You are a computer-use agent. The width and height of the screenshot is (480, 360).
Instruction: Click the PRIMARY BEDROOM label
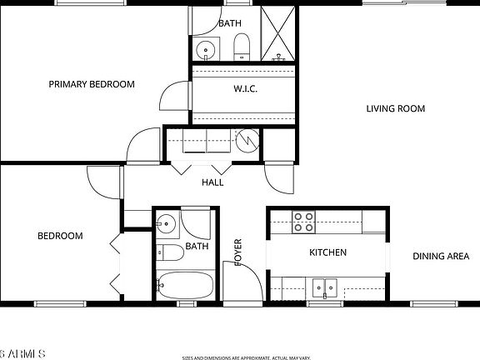click(x=91, y=84)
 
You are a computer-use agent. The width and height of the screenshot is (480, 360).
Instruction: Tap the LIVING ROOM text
click(x=395, y=108)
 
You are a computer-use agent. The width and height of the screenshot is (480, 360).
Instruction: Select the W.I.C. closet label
click(x=244, y=89)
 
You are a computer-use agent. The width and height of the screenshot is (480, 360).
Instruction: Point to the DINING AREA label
click(x=441, y=256)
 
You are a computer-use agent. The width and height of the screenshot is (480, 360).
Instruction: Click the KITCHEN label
click(x=327, y=252)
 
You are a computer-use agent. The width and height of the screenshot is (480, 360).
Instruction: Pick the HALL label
click(x=212, y=182)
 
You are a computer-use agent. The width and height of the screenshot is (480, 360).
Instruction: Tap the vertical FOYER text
click(x=237, y=252)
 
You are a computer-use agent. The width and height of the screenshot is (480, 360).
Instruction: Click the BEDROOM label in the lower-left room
click(x=60, y=236)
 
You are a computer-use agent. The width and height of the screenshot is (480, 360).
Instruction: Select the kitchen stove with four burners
click(x=303, y=222)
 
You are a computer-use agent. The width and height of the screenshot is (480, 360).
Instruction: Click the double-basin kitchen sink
click(x=325, y=288)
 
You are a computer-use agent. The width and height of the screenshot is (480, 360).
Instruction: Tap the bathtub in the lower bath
click(x=186, y=285)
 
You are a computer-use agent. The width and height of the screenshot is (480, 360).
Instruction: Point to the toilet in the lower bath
click(x=169, y=252)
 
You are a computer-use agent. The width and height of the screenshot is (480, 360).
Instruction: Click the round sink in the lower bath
click(x=166, y=223)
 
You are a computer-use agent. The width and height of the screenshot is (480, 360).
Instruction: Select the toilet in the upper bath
click(x=241, y=47)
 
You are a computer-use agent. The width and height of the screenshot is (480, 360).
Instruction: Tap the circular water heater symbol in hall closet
click(x=247, y=142)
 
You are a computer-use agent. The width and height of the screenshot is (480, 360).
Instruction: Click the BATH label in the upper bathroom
click(x=230, y=24)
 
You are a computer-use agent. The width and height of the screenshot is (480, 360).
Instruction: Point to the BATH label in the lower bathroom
click(x=197, y=247)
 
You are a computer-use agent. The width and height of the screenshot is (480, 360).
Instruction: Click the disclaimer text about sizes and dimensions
click(x=247, y=357)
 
